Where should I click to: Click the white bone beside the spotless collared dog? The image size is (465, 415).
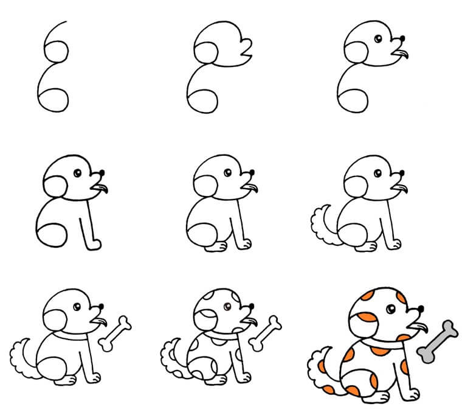[115, 333]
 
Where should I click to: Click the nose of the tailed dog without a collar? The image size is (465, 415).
[401, 173]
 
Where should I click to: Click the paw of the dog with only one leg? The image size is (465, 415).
[95, 245]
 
